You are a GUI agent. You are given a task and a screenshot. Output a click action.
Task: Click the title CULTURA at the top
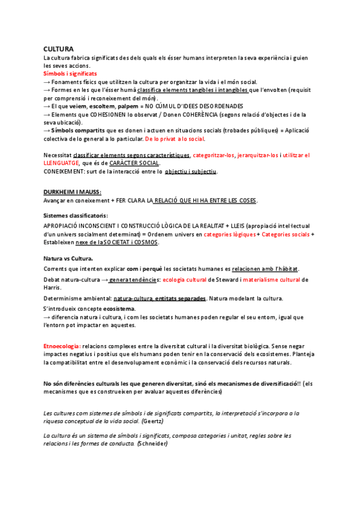coord(58,49)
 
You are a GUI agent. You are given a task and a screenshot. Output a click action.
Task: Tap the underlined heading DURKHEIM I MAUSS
coord(72,192)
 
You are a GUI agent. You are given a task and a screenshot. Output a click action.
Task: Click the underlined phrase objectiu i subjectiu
coord(191,172)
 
